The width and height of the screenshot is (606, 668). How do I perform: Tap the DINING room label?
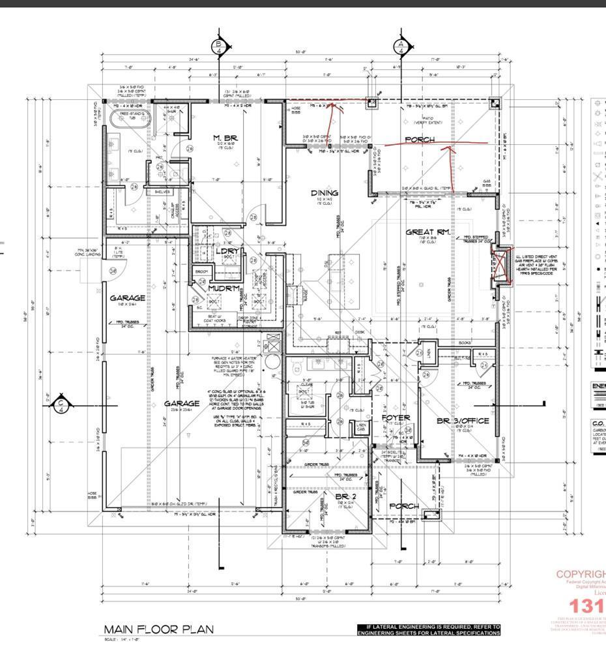(x=324, y=192)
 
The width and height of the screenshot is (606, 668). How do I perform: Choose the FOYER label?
(x=395, y=417)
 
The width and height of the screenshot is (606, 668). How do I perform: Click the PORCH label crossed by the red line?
(x=420, y=140)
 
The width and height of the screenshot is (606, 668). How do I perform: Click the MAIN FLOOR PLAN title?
(x=158, y=629)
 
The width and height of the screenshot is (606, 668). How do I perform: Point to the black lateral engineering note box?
(x=429, y=630)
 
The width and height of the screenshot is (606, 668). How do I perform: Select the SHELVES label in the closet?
(x=163, y=192)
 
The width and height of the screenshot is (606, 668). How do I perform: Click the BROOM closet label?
(x=201, y=271)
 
